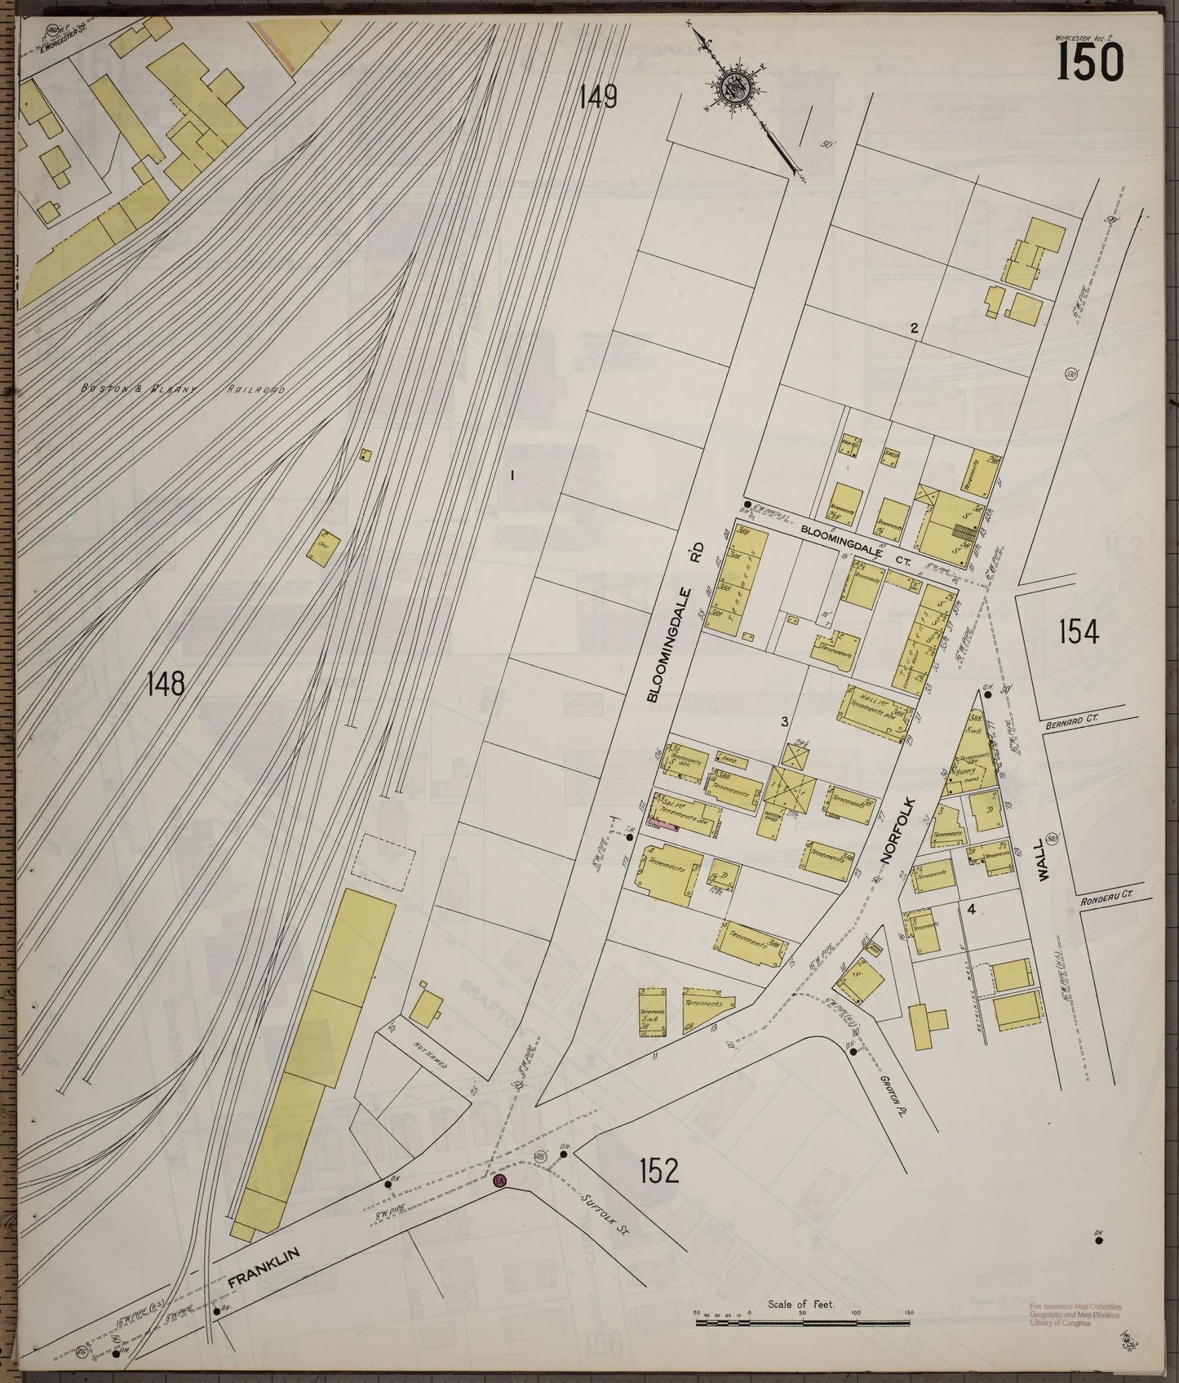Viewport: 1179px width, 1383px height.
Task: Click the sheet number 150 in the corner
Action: pos(1090,62)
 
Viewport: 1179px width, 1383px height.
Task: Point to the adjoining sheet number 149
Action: pos(598,98)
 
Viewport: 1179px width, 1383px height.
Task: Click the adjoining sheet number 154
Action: pos(1079,632)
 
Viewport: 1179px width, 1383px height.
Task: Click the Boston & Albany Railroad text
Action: pos(183,390)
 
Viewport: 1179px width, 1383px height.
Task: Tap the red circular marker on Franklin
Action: pos(500,1180)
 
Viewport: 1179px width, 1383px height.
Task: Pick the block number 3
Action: pos(784,721)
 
